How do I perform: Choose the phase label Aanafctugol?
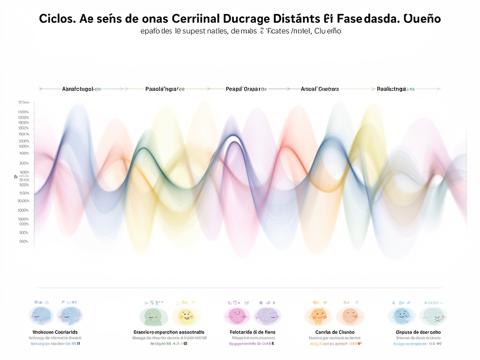tap(78, 88)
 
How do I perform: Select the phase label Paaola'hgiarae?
tap(165, 88)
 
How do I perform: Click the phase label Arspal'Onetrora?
tap(320, 88)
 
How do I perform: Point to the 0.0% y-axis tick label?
tap(24, 241)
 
